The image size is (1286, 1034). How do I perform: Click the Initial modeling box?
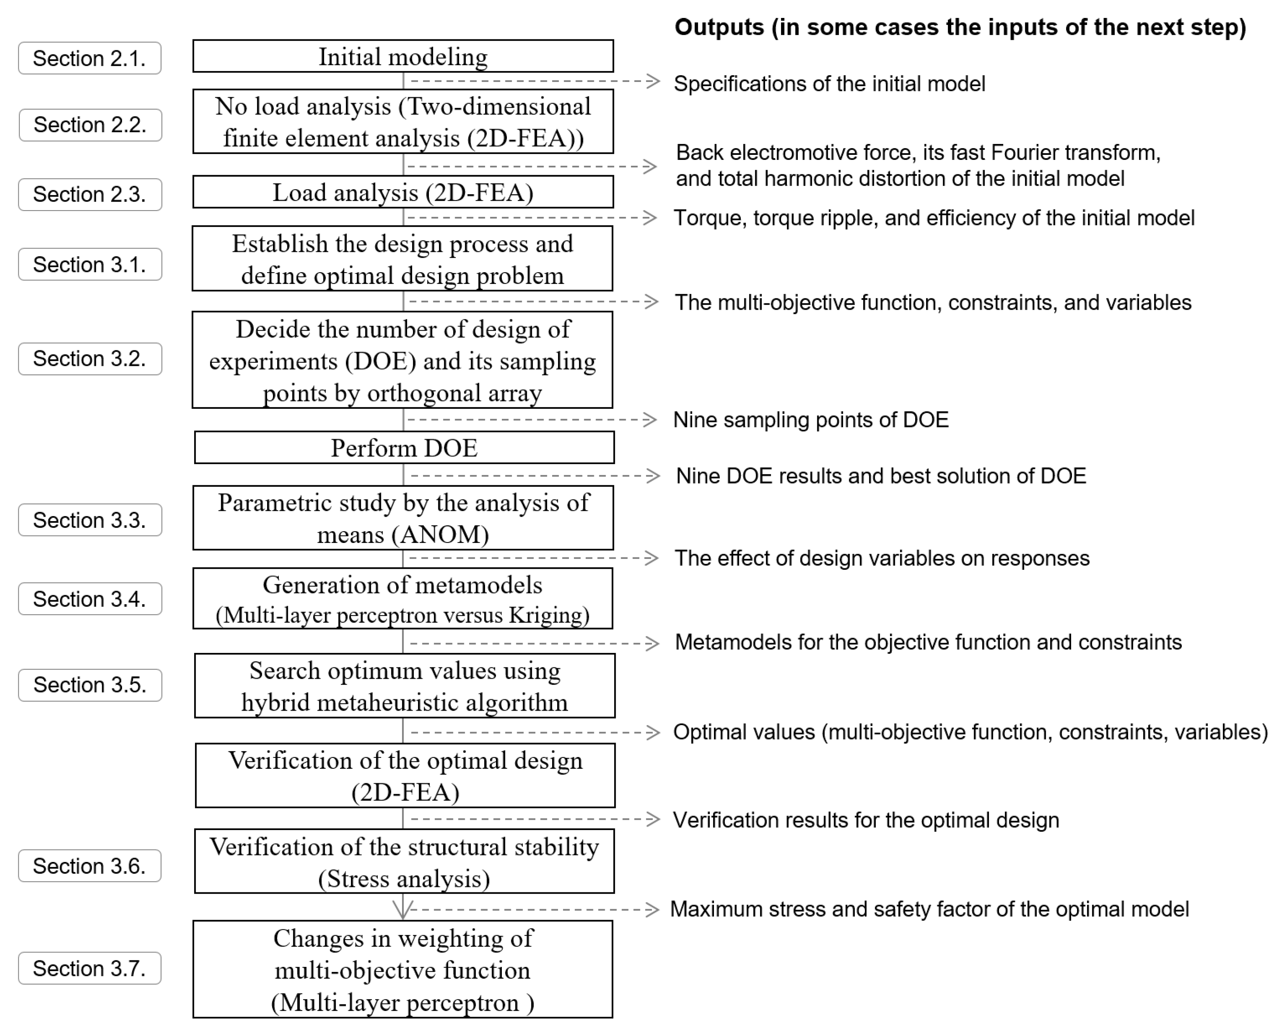pyautogui.click(x=403, y=57)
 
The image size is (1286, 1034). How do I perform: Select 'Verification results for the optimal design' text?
pyautogui.click(x=866, y=820)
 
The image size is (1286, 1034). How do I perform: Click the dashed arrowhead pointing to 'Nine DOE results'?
pyautogui.click(x=653, y=475)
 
